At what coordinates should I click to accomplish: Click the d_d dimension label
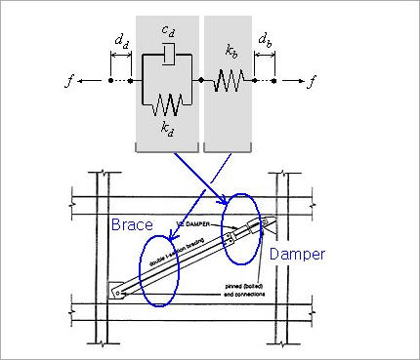click(121, 43)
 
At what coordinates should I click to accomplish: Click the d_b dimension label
click(265, 43)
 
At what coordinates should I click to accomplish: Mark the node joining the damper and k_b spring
click(200, 80)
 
